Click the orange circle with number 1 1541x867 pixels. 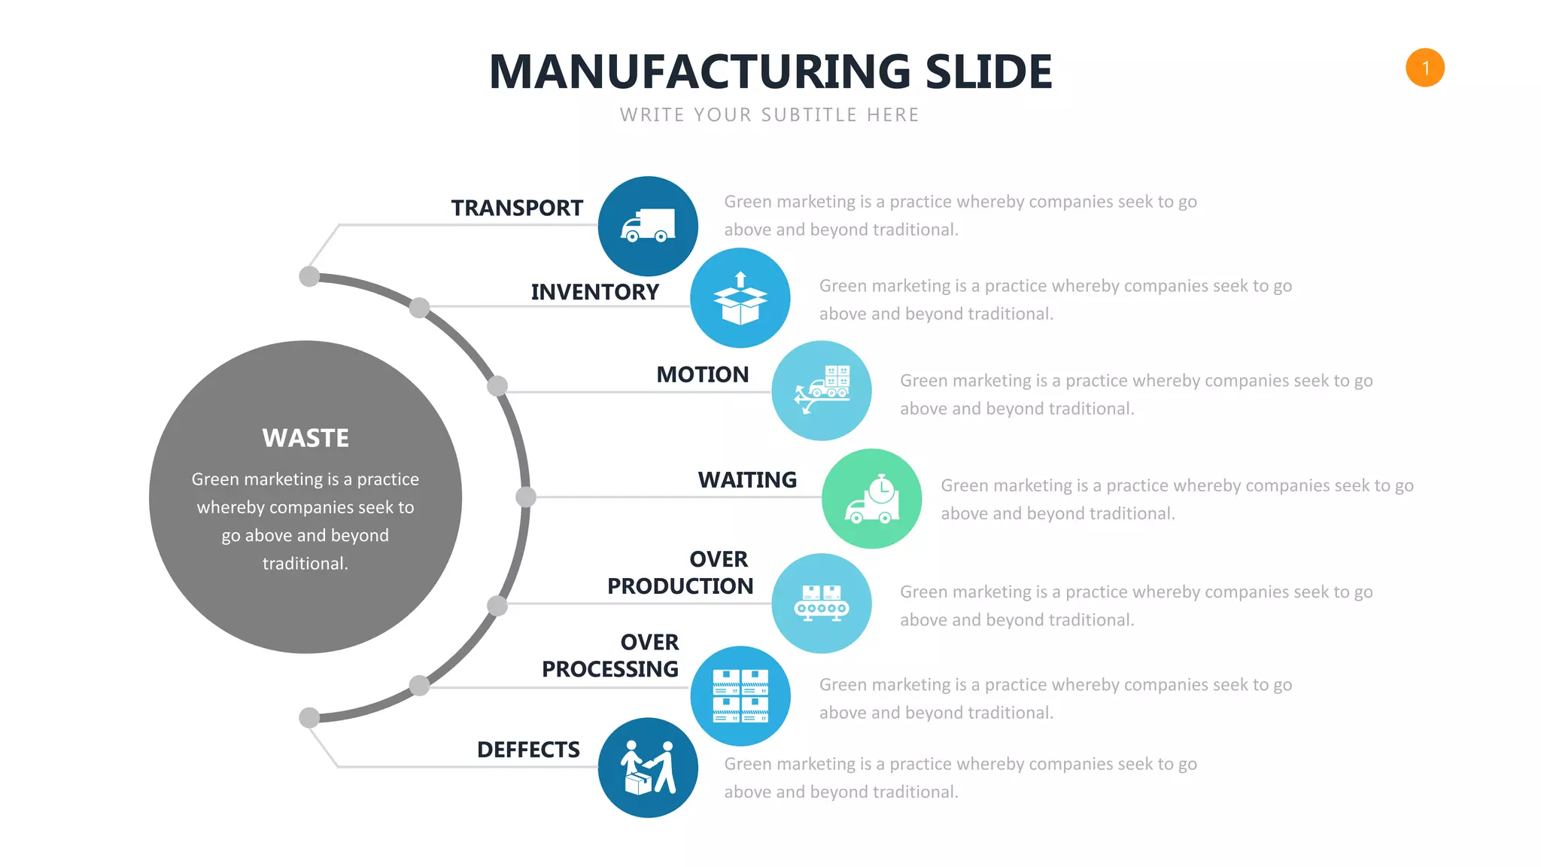pos(1424,68)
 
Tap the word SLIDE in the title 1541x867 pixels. pos(988,72)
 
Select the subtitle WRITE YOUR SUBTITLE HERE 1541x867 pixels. pos(769,115)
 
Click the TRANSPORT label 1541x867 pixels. pos(517,208)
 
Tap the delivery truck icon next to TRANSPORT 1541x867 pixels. pos(648,226)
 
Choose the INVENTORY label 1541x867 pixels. pos(594,292)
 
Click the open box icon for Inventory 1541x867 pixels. pos(740,298)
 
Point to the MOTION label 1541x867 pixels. pos(702,375)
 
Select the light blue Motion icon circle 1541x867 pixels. pos(822,391)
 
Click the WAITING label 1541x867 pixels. pos(747,480)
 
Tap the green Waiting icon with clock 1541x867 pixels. pos(871,499)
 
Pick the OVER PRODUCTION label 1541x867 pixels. pos(680,573)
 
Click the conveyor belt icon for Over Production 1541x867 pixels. pos(822,604)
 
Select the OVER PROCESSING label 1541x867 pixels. pos(610,656)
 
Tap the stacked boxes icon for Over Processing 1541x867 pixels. pos(740,696)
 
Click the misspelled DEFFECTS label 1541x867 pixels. pos(528,750)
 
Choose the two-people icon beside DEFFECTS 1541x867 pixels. pos(648,768)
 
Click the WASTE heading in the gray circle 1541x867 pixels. pos(305,438)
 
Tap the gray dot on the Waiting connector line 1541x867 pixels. pos(526,497)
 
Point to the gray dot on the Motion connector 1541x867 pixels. pos(497,386)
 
